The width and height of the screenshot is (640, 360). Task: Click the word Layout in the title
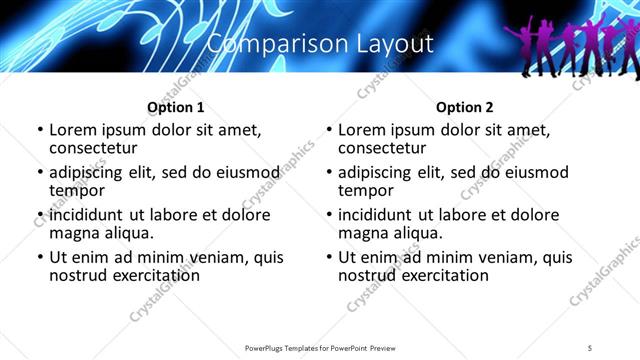tap(392, 44)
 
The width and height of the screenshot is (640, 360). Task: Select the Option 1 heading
tap(175, 107)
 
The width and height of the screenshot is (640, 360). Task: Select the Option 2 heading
tap(464, 107)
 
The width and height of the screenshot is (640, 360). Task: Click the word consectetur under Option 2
tap(382, 147)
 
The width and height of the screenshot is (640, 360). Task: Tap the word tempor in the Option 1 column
tap(76, 190)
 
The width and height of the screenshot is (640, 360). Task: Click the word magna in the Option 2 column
tap(362, 233)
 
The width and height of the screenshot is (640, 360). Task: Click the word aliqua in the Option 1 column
tap(126, 233)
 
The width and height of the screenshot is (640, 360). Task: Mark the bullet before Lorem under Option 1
tap(40, 130)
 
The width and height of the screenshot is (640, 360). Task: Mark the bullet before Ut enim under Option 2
tap(329, 257)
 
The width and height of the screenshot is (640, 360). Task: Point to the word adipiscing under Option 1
tap(91, 172)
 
